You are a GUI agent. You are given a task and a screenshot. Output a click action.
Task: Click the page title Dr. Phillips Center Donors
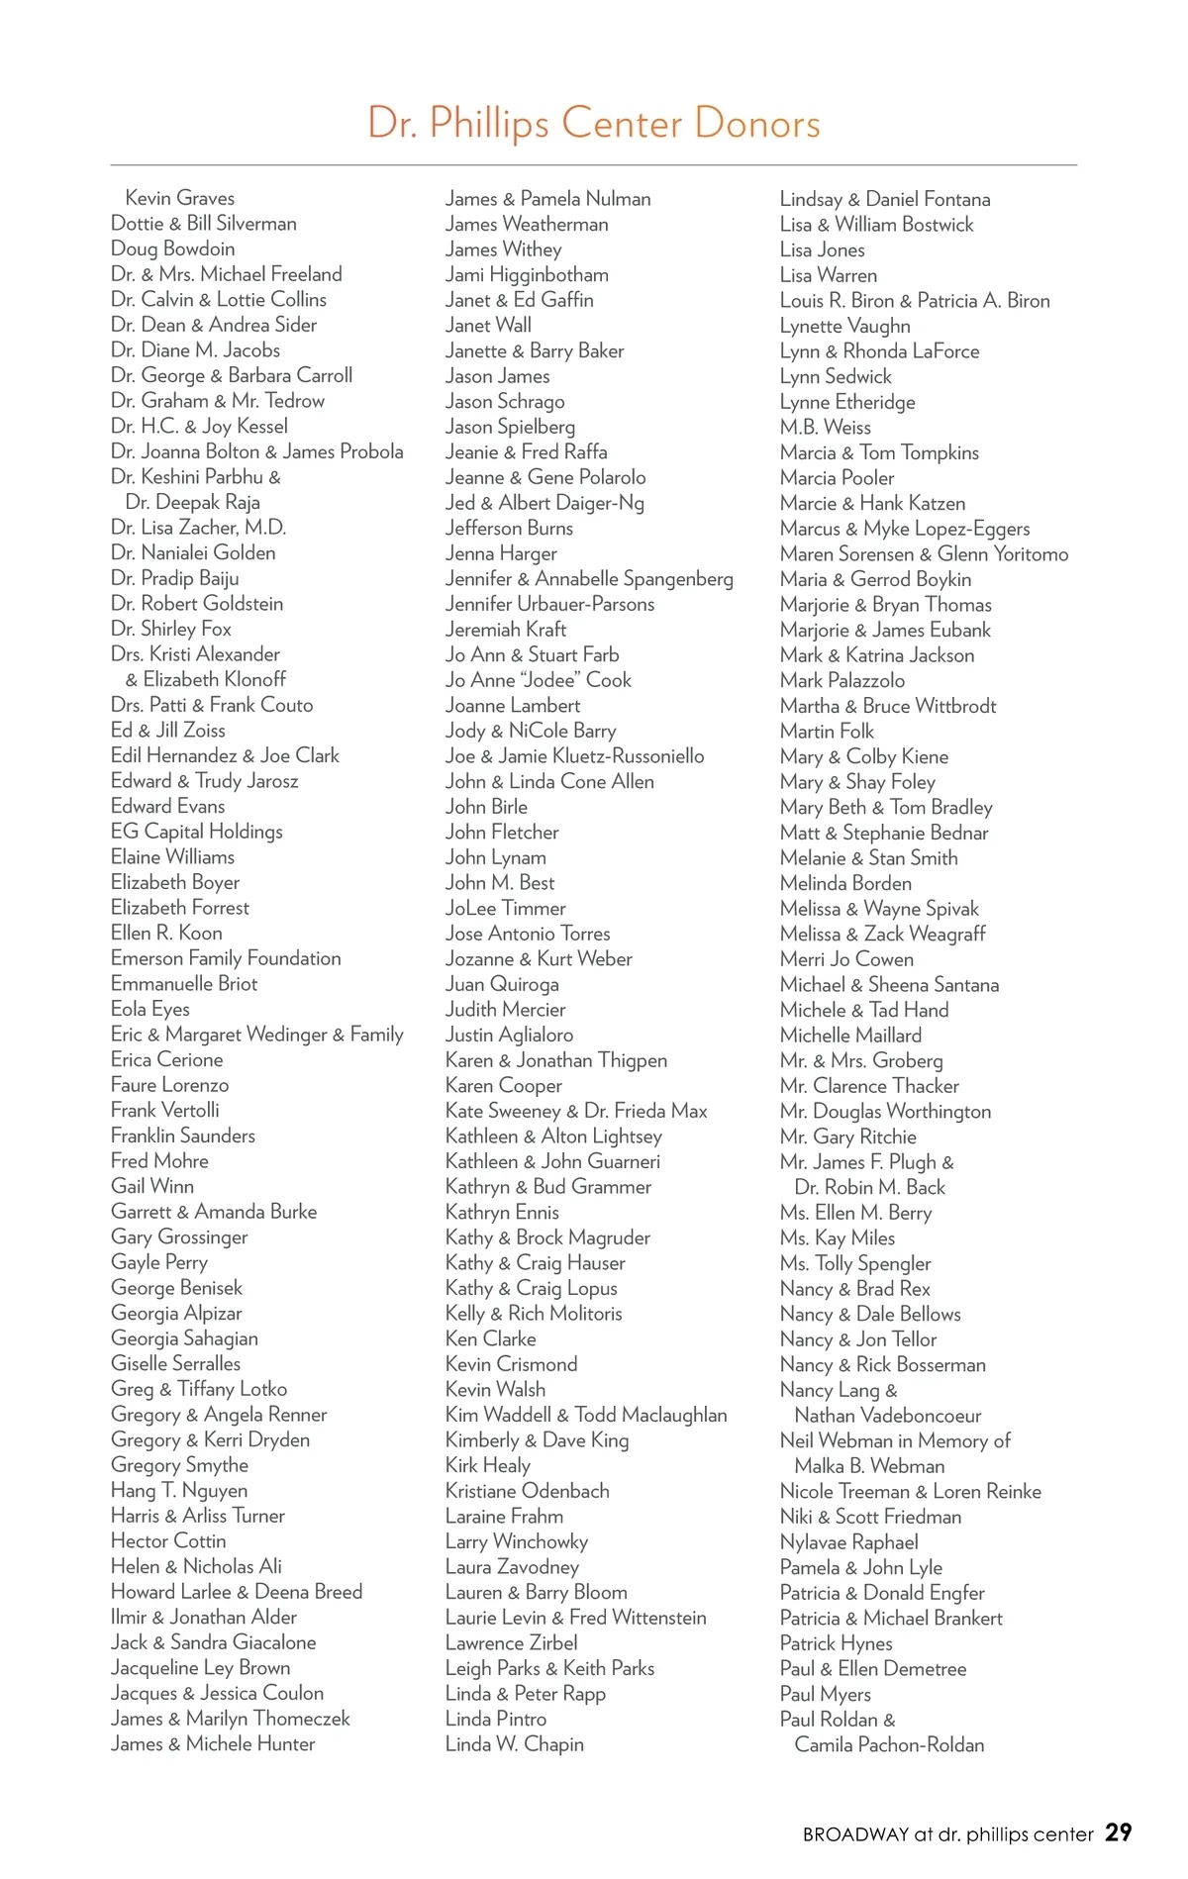[x=594, y=124]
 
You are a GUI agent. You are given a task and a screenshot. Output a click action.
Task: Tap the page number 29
[x=1118, y=1832]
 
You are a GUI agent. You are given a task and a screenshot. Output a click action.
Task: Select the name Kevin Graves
[x=179, y=198]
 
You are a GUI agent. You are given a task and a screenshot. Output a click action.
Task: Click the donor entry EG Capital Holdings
[x=196, y=832]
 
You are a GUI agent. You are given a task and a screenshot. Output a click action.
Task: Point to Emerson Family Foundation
[x=226, y=958]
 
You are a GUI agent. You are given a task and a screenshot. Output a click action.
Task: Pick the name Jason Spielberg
[x=510, y=427]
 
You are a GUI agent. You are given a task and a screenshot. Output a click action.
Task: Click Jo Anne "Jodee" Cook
[x=538, y=680]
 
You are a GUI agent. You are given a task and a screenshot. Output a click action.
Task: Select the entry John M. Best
[x=499, y=883]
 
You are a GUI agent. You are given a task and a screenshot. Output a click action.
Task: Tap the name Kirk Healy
[x=487, y=1465]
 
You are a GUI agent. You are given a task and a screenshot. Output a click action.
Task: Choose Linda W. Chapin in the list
[x=514, y=1744]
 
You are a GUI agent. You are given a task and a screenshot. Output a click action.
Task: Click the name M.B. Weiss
[x=825, y=427]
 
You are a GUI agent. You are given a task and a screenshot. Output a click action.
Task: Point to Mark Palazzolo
[x=841, y=680]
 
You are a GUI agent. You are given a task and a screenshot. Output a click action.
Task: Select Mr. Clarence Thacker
[x=869, y=1086]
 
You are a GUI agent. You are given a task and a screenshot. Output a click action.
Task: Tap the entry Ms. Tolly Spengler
[x=855, y=1263]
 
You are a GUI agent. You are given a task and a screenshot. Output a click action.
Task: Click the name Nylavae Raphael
[x=848, y=1542]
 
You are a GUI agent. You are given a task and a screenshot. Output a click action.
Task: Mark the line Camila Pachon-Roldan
[x=889, y=1744]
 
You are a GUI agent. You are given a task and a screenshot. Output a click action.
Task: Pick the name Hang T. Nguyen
[x=179, y=1490]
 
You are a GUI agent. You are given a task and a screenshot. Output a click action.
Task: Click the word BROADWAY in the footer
[x=855, y=1834]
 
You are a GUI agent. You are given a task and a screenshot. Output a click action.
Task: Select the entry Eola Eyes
[x=150, y=1009]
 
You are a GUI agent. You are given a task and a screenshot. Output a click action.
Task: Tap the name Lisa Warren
[x=828, y=275]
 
